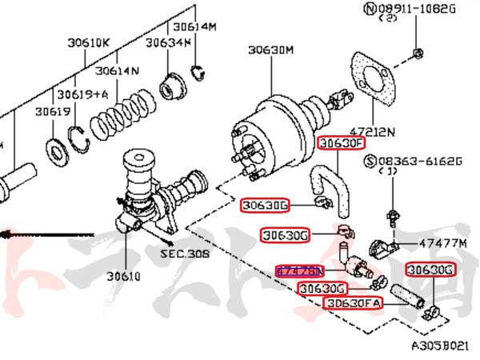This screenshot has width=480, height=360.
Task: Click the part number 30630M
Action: [x=270, y=50]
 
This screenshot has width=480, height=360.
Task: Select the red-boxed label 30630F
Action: [x=342, y=143]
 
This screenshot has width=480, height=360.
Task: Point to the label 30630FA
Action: [x=354, y=303]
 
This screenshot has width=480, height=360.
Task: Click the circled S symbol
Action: [x=370, y=162]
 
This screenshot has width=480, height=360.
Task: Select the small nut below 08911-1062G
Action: [x=418, y=54]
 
